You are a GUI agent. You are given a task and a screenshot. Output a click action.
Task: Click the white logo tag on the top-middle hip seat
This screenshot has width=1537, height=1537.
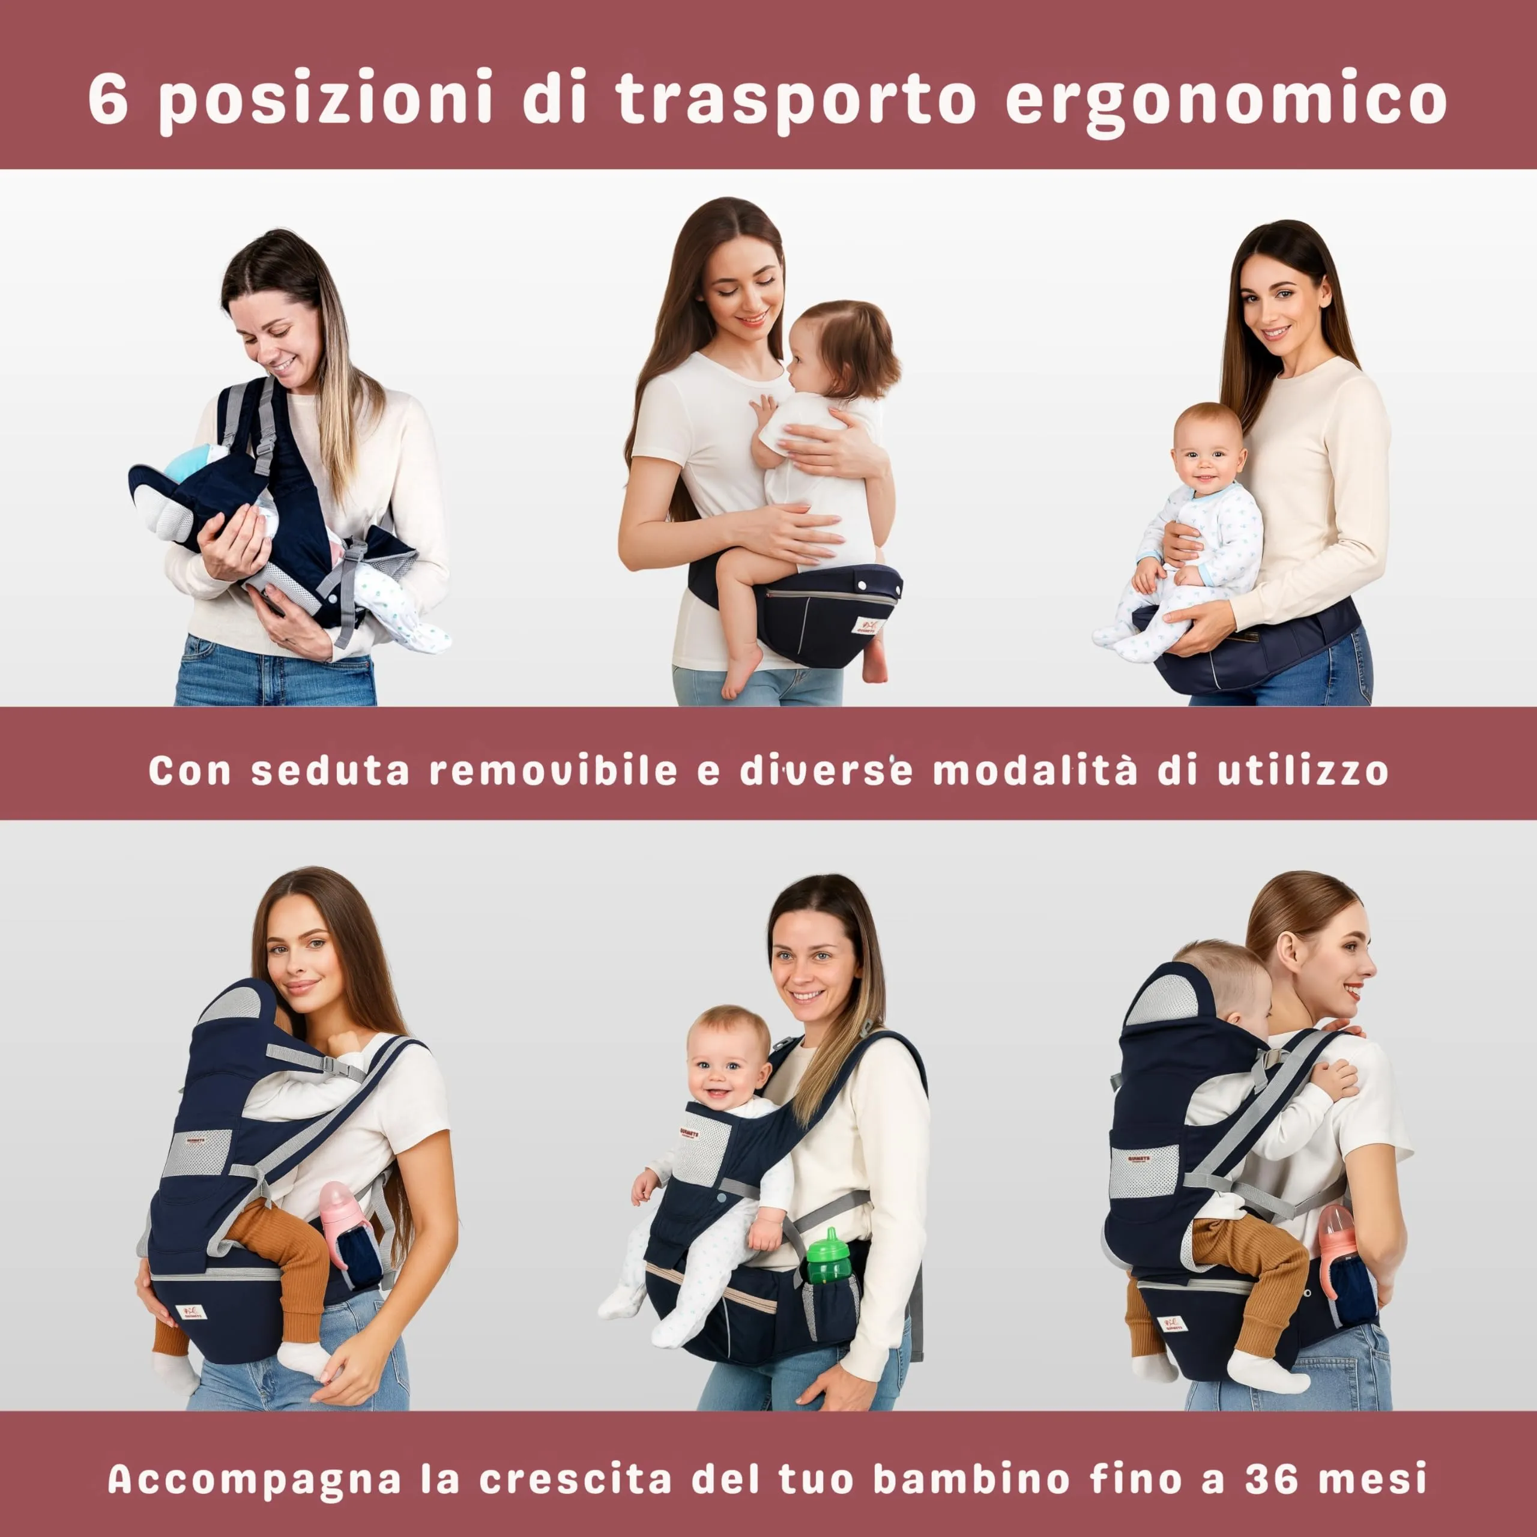point(867,625)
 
